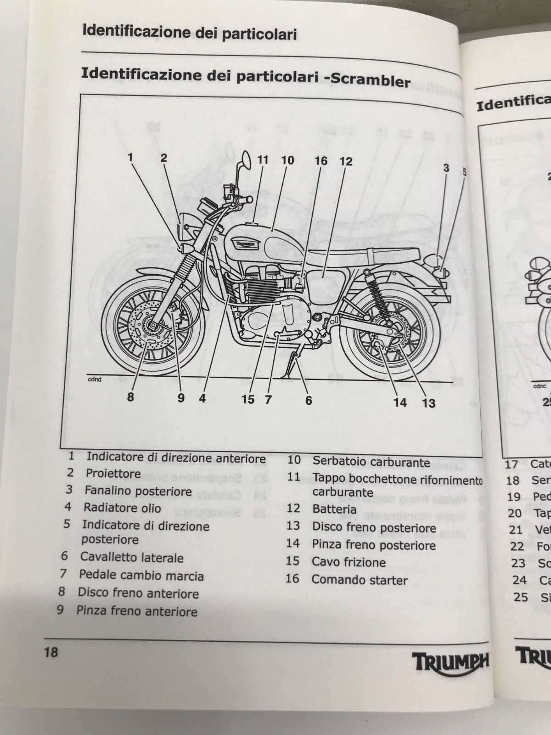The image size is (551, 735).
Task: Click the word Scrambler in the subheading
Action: pos(371,81)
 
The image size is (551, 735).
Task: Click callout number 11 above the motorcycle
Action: pos(262,160)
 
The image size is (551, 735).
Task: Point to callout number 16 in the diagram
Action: pos(321,160)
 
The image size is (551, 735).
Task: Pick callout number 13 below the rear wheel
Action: pos(428,403)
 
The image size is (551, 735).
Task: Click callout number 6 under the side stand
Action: pos(309,400)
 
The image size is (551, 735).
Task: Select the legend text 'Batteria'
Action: pos(334,509)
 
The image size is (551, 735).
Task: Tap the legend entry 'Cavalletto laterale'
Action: pos(132,558)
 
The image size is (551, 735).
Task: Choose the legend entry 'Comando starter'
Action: pos(360,580)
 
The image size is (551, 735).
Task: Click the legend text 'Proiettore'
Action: pos(113,473)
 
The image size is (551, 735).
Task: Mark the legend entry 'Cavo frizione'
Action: pos(349,562)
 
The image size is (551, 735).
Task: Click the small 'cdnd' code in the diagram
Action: pos(95,379)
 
